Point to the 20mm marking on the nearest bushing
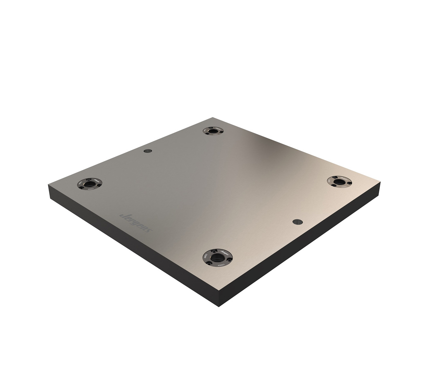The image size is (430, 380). click(206, 255)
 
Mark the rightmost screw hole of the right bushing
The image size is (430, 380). click(348, 183)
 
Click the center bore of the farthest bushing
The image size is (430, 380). click(212, 130)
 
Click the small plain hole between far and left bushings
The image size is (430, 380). click(147, 151)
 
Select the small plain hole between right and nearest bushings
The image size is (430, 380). click(297, 222)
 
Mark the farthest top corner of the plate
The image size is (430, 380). click(213, 118)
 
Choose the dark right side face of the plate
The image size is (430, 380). click(300, 247)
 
